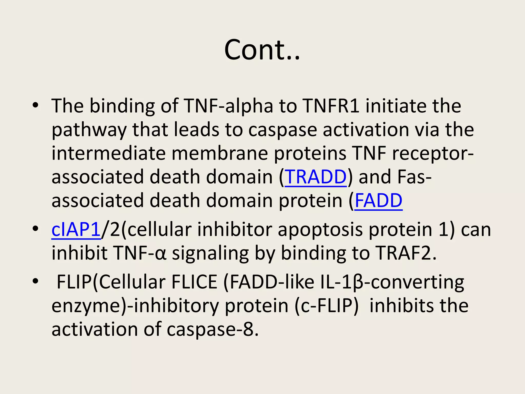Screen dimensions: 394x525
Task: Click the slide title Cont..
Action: click(x=262, y=50)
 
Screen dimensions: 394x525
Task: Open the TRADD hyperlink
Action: click(x=316, y=177)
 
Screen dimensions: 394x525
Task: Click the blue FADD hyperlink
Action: click(x=378, y=201)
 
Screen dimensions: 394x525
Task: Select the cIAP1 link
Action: click(x=76, y=230)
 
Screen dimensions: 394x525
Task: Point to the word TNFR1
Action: click(x=331, y=106)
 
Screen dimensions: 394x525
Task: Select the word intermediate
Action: click(x=108, y=153)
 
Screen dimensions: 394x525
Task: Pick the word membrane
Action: click(x=220, y=153)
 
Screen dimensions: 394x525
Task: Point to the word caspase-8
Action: click(x=213, y=329)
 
